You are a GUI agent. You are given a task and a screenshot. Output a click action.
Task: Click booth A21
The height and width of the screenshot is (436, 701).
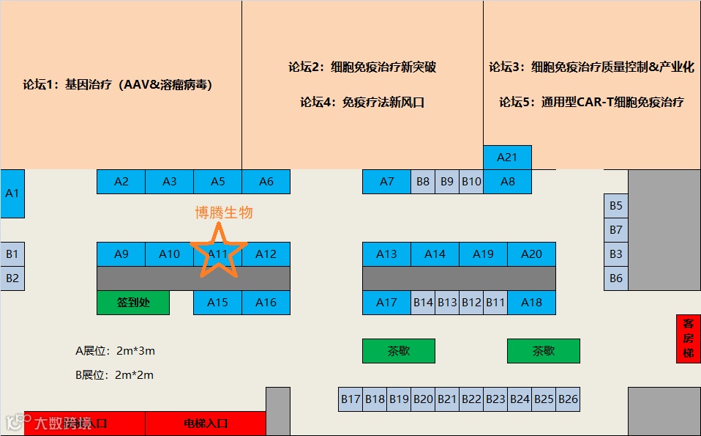(507, 158)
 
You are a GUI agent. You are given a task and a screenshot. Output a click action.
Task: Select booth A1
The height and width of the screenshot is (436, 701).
(12, 193)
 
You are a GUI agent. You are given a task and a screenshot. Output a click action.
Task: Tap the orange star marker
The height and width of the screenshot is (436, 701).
(217, 251)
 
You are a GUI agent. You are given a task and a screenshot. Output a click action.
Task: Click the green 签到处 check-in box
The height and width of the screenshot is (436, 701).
(133, 303)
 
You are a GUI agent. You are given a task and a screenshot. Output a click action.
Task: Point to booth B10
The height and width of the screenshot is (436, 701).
(471, 182)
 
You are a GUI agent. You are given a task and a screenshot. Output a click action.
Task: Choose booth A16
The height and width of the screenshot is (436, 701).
(266, 303)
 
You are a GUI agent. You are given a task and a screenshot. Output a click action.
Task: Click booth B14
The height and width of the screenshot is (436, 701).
(423, 303)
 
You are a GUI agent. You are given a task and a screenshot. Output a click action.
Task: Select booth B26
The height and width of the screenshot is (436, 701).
(568, 399)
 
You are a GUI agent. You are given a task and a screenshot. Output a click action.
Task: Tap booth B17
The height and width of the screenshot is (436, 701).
(350, 399)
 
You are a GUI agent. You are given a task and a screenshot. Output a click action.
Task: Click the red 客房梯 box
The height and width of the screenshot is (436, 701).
(688, 339)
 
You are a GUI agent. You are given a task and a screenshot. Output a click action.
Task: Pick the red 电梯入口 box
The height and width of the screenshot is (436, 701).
(206, 424)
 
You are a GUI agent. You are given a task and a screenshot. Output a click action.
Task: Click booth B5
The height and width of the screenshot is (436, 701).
(616, 206)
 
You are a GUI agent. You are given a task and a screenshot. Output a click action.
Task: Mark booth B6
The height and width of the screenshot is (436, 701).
(616, 278)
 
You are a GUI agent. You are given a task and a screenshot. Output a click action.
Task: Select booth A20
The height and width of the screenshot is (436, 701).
(531, 254)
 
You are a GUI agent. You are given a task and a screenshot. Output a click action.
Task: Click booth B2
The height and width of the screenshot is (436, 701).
(12, 278)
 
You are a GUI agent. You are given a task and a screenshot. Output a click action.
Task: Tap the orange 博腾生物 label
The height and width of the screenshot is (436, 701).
(224, 213)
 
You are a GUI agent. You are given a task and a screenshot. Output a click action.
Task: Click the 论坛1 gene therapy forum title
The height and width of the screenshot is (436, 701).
(118, 84)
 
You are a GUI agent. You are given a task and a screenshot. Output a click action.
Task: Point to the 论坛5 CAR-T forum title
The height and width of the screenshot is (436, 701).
(591, 102)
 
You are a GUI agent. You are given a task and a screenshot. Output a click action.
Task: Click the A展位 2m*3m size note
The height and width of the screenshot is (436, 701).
(116, 351)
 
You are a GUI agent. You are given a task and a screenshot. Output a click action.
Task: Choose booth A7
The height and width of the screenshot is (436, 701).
(386, 182)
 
